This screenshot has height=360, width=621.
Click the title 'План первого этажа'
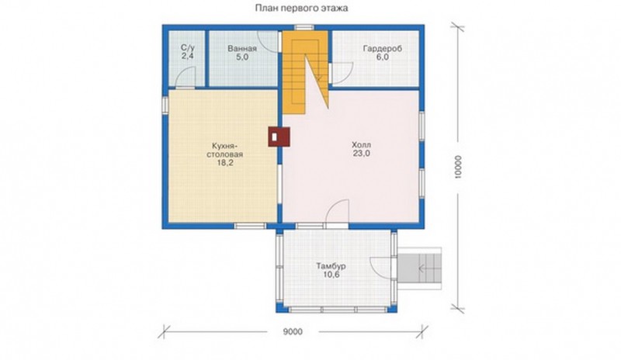pyautogui.click(x=301, y=8)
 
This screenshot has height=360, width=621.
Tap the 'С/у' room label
pyautogui.click(x=188, y=47)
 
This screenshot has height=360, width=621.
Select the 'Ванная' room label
pyautogui.click(x=242, y=48)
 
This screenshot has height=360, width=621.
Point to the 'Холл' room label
pyautogui.click(x=361, y=145)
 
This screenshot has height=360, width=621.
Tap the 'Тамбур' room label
pyautogui.click(x=331, y=266)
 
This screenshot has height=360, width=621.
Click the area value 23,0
pyautogui.click(x=361, y=154)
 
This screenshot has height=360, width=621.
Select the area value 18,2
pyautogui.click(x=224, y=162)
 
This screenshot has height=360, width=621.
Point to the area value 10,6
pyautogui.click(x=331, y=275)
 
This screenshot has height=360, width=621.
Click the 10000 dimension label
pyautogui.click(x=458, y=167)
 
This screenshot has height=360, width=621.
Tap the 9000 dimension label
pyautogui.click(x=293, y=332)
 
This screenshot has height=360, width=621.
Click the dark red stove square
pyautogui.click(x=279, y=137)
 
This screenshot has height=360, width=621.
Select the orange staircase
pyautogui.click(x=305, y=72)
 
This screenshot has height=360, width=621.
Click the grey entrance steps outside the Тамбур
pyautogui.click(x=419, y=268)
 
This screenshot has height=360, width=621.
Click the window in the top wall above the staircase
pyautogui.click(x=304, y=28)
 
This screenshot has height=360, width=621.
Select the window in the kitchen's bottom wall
pyautogui.click(x=249, y=226)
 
